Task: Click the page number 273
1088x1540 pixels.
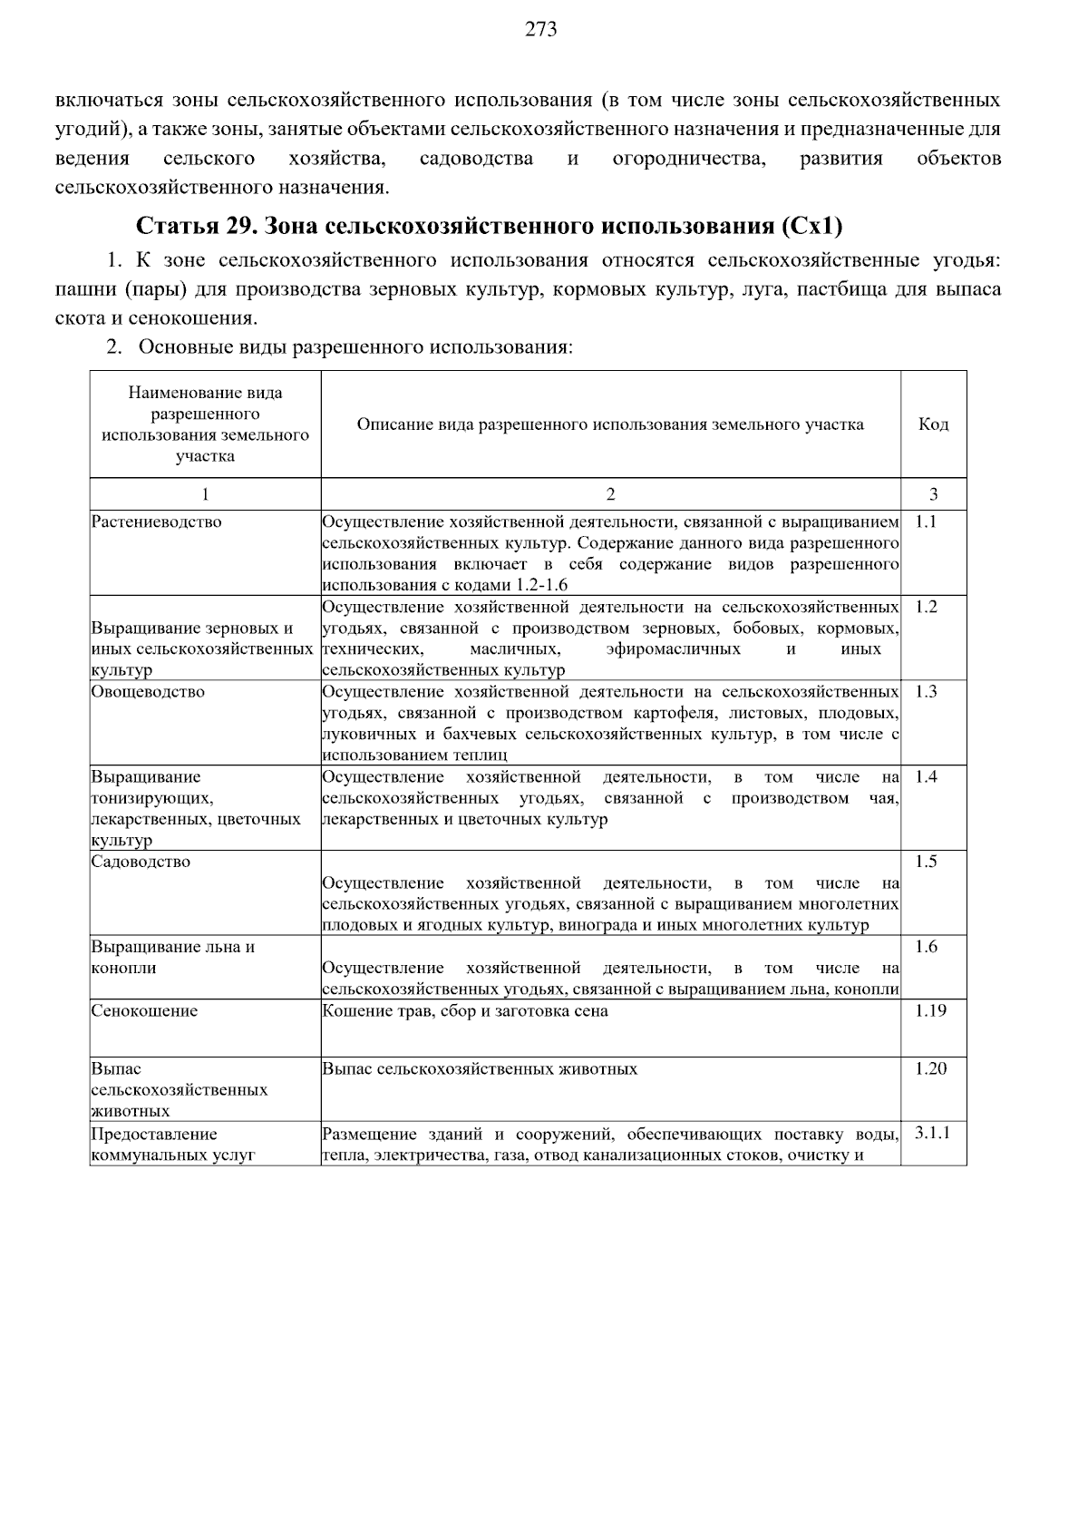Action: (541, 30)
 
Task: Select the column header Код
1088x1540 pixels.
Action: (933, 424)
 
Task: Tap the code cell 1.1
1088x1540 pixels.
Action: (926, 521)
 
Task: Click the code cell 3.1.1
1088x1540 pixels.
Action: (932, 1133)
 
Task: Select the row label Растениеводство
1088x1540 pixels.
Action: (156, 522)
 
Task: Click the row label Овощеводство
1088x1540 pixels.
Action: (149, 692)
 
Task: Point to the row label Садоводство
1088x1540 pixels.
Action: (141, 862)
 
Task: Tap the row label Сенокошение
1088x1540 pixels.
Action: (145, 1011)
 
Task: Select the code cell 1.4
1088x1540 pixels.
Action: (926, 776)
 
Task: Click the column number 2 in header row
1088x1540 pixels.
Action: (610, 494)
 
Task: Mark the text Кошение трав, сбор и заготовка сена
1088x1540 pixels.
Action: (465, 1011)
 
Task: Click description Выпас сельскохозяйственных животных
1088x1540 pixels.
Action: (480, 1069)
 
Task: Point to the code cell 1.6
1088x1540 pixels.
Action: (926, 947)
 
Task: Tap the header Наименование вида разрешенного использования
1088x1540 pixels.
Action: (205, 424)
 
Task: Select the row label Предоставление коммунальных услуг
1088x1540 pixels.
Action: (172, 1145)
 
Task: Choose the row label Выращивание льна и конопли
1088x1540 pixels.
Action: (172, 957)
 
